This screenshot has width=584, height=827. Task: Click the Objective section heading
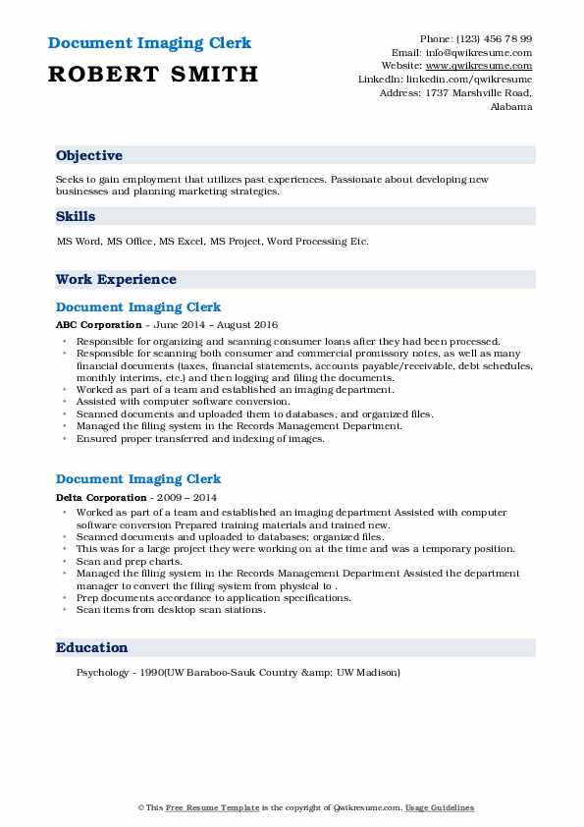tap(89, 156)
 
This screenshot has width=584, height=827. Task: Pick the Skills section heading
tap(76, 217)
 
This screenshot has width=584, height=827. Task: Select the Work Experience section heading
tap(117, 280)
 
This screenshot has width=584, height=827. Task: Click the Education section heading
tap(92, 648)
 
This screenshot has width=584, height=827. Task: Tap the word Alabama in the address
tap(510, 106)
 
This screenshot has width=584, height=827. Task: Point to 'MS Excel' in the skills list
tap(180, 241)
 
